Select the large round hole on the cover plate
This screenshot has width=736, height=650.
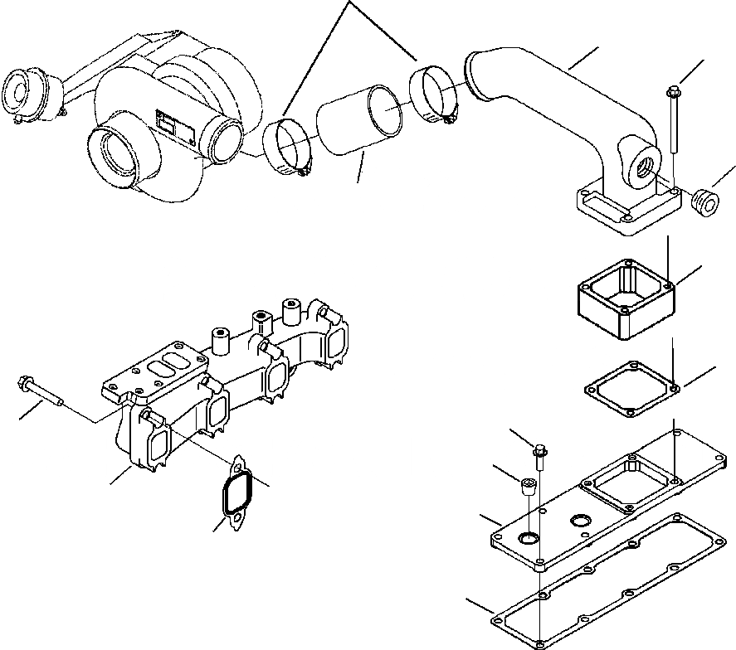click(528, 541)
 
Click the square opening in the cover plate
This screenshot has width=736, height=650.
click(627, 486)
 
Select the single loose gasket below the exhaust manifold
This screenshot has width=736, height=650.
click(237, 494)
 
